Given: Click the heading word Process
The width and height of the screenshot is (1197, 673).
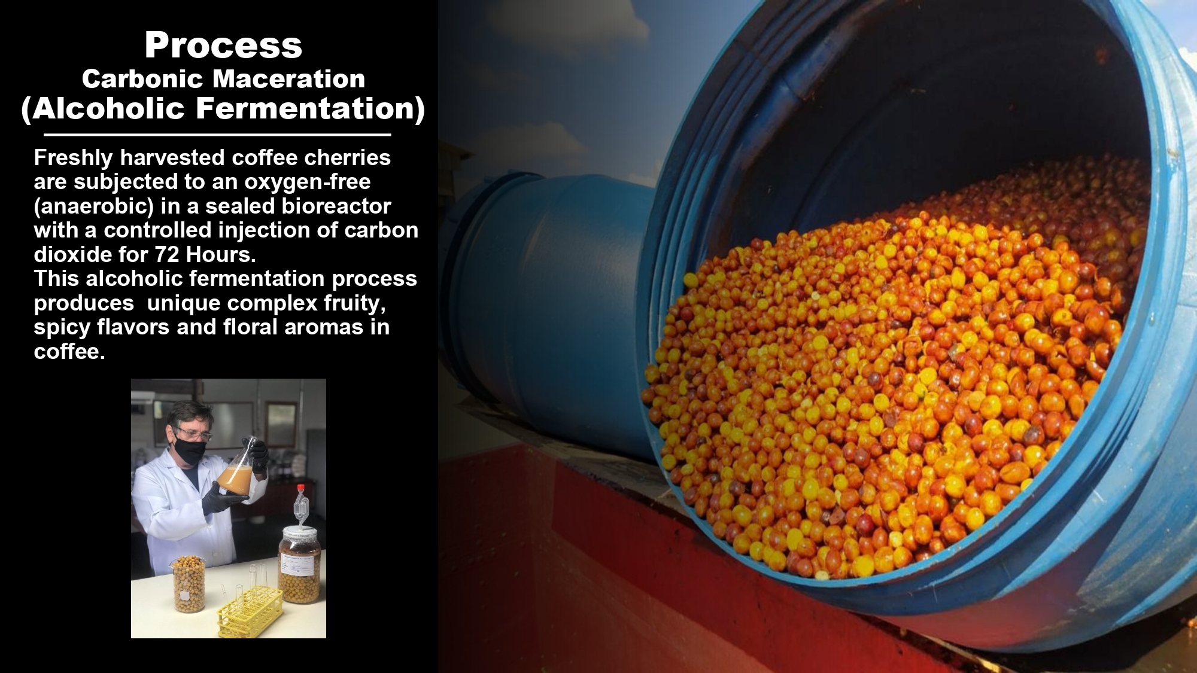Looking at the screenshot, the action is pyautogui.click(x=223, y=45).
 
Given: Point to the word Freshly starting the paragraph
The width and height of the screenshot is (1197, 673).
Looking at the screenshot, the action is pyautogui.click(x=74, y=158).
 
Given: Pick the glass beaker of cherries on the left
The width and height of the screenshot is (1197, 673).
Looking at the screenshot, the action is pyautogui.click(x=189, y=583).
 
